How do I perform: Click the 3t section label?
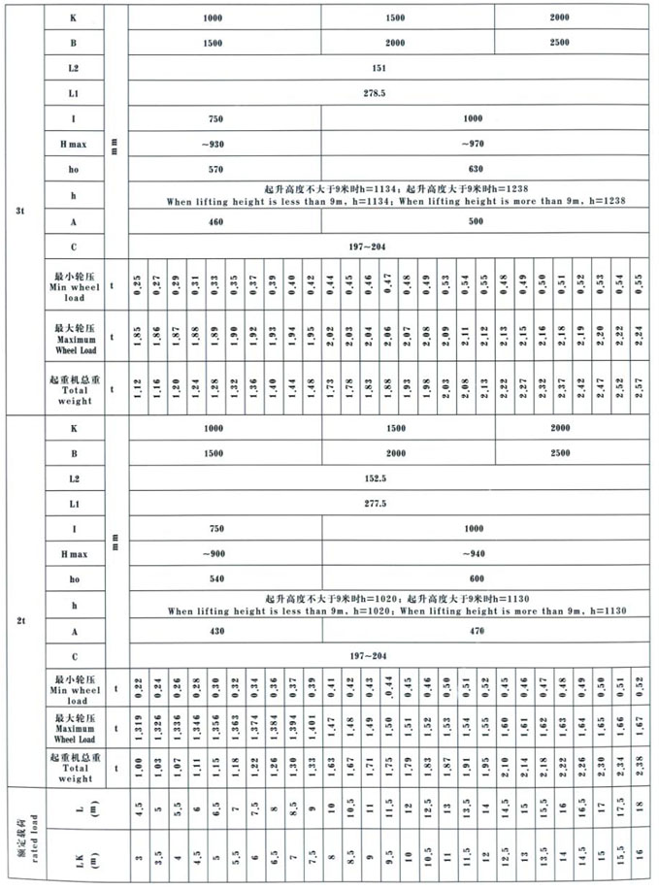click(x=21, y=209)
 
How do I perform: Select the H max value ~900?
click(x=215, y=554)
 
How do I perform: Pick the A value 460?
click(x=215, y=222)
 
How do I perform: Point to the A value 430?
click(x=215, y=632)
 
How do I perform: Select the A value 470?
click(x=474, y=632)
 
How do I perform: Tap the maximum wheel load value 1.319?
click(x=139, y=723)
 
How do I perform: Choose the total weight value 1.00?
click(x=139, y=763)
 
